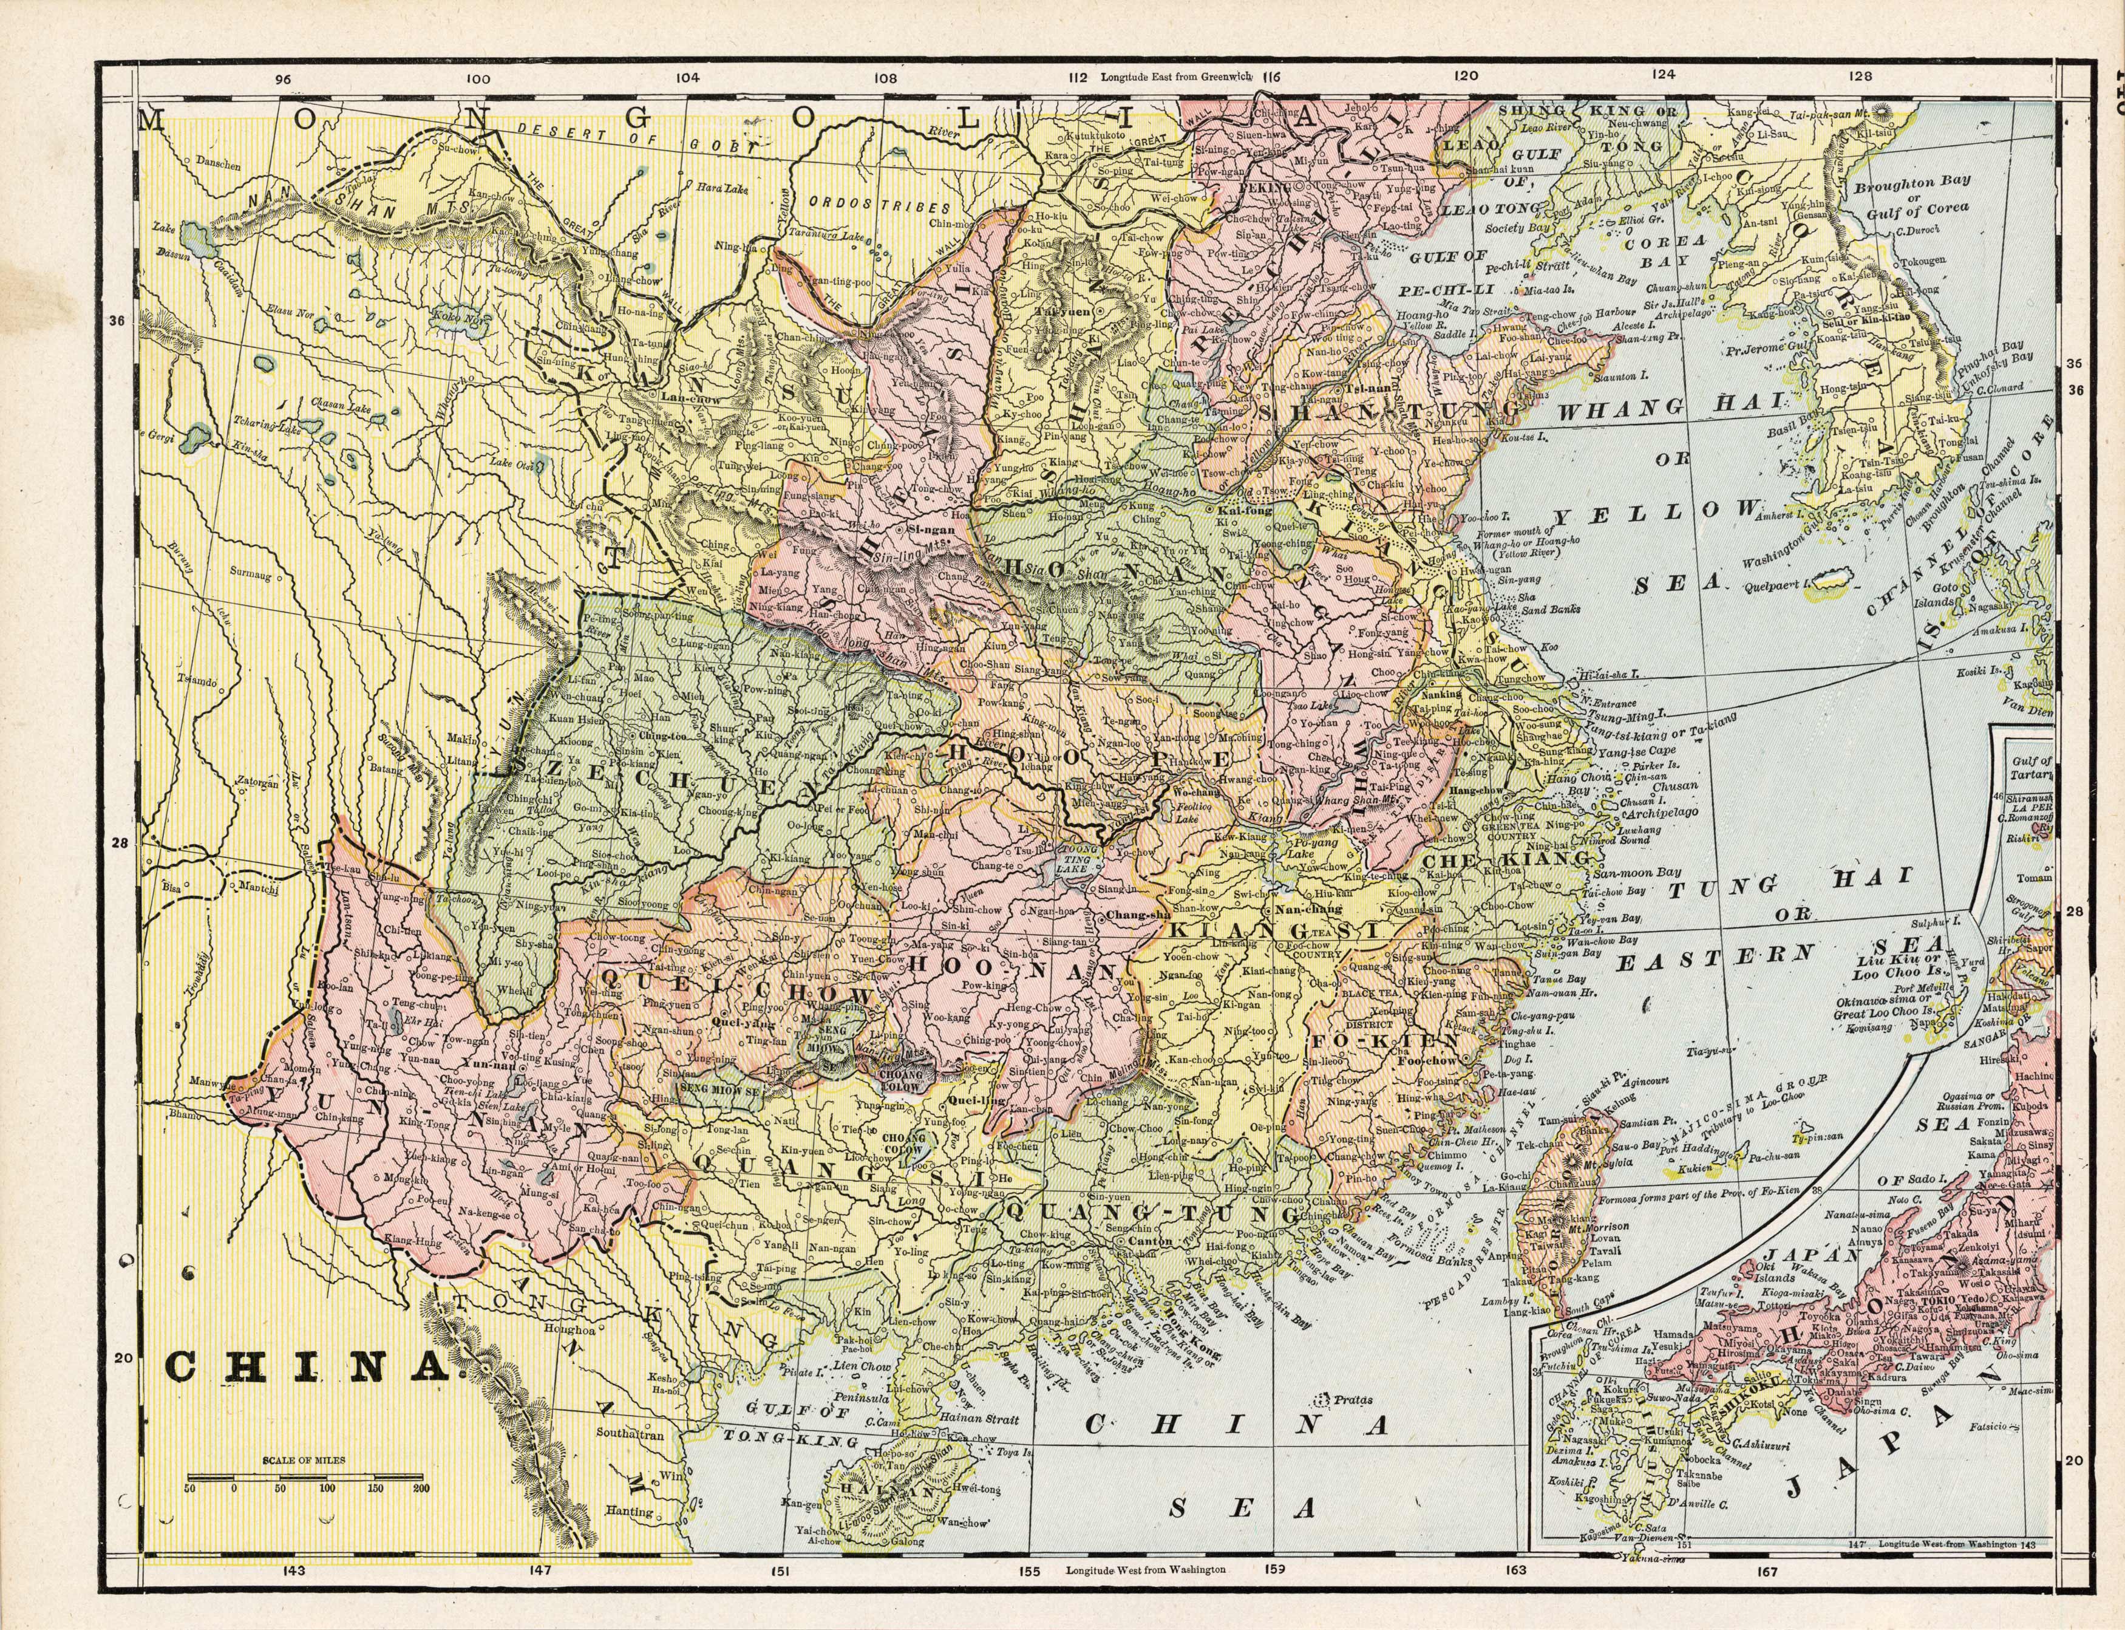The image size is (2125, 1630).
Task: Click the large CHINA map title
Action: coord(302,1368)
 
